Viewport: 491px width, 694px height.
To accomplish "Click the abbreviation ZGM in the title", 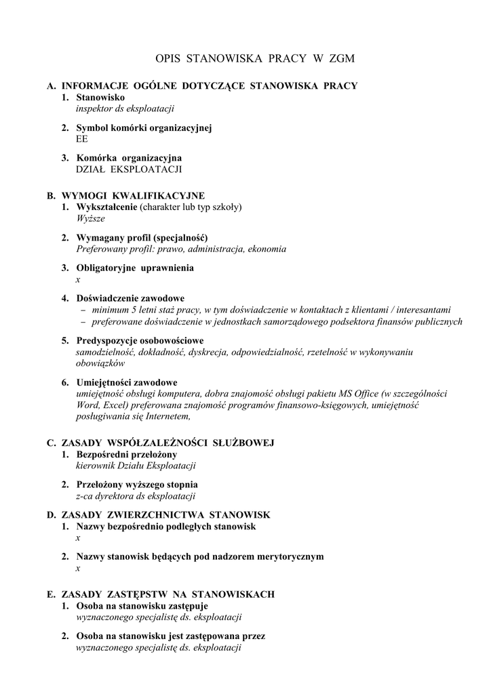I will (x=340, y=60).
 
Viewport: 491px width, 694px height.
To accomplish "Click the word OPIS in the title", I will (x=169, y=60).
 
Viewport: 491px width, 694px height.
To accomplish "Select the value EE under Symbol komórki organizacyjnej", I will (x=82, y=139).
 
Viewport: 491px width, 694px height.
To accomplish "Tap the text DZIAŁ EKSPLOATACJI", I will (x=129, y=169).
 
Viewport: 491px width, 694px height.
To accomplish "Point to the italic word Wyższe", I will (x=90, y=219).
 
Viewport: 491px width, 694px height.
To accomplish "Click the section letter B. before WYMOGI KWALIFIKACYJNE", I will (x=51, y=196).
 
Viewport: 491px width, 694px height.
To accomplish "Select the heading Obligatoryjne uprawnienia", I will (x=135, y=268).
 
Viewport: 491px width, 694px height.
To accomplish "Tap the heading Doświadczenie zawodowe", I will (x=130, y=298).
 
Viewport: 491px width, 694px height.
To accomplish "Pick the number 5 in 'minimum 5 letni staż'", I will (x=131, y=310).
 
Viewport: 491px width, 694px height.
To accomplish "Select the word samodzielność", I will (x=106, y=352).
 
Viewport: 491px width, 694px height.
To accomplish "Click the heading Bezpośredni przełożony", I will (x=127, y=454).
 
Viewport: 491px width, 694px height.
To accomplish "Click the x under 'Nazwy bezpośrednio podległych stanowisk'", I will (x=78, y=537).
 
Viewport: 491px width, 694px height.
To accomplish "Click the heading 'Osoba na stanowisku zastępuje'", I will (x=142, y=605).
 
